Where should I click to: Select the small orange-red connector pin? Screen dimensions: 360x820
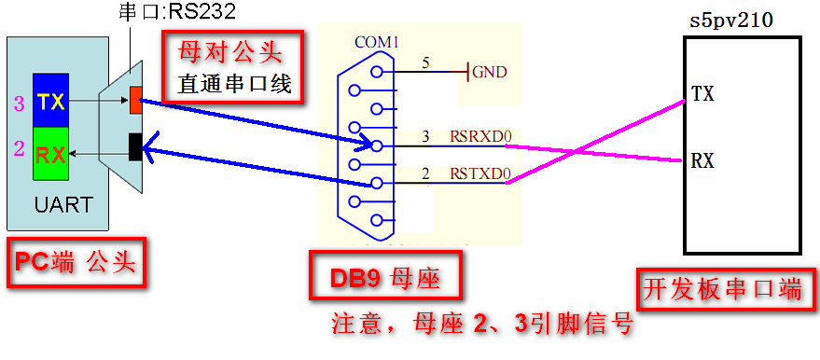pos(136,99)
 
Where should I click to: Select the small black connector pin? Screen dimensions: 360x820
pos(136,146)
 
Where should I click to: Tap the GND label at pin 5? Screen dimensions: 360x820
pos(490,71)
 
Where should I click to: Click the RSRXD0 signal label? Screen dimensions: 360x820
pos(480,137)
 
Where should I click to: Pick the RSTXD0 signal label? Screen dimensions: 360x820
pos(480,173)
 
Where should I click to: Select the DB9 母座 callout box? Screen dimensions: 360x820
pos(386,278)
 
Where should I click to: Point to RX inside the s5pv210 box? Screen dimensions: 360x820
pos(702,160)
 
